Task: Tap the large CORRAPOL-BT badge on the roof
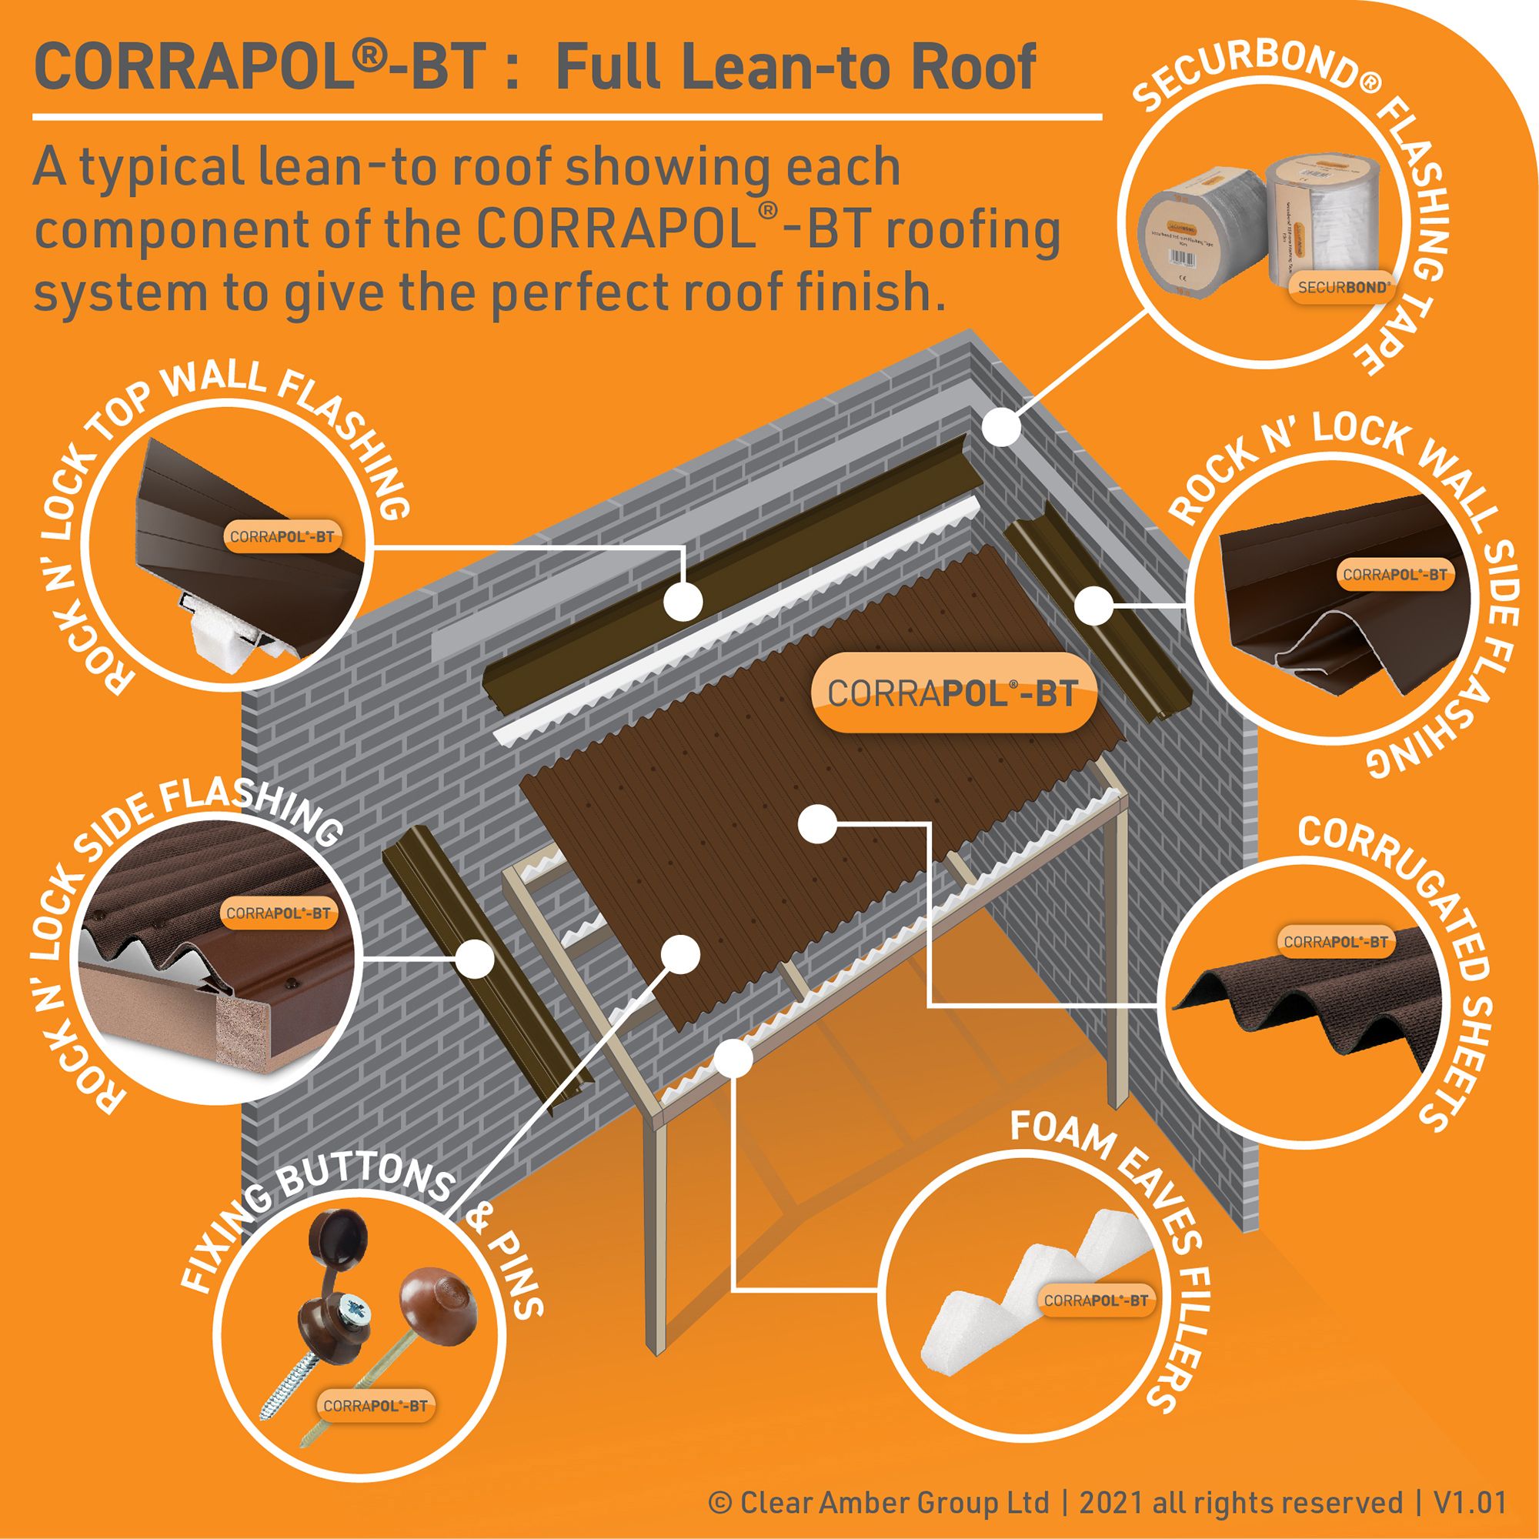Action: click(953, 693)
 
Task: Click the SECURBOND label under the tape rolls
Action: click(1343, 288)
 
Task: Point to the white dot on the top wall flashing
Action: click(683, 601)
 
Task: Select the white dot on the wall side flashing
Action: click(1093, 606)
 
